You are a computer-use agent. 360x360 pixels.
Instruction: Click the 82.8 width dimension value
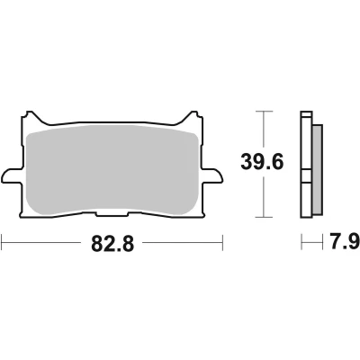click(112, 243)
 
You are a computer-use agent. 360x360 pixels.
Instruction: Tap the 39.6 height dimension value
click(262, 163)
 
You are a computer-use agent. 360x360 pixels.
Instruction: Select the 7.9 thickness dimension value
click(345, 242)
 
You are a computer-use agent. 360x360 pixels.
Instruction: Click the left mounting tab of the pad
click(12, 175)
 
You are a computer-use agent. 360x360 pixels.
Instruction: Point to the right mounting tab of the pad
click(212, 175)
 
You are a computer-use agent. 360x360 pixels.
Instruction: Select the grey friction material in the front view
click(112, 170)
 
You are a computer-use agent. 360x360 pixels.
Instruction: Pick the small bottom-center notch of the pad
click(112, 214)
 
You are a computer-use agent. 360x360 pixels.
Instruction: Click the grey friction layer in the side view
click(318, 170)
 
